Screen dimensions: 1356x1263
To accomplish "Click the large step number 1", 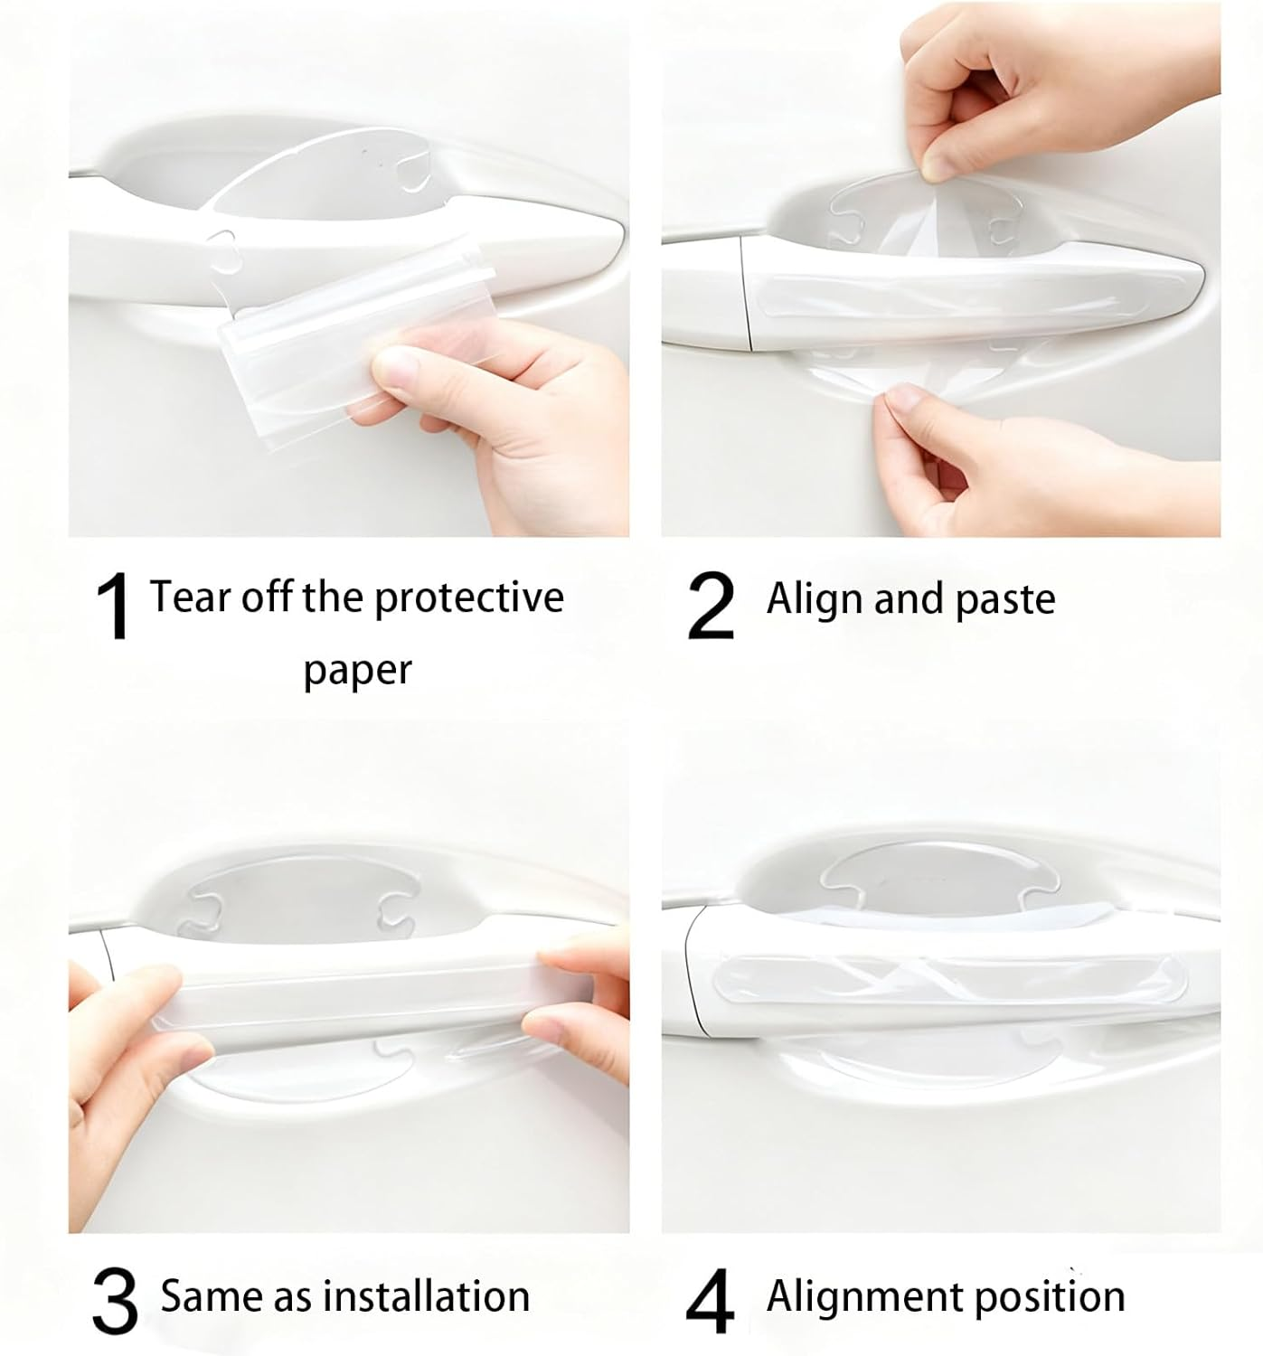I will coord(115,607).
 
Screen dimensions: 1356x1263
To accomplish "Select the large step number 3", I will coord(115,1303).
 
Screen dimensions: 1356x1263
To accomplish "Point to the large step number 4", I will coord(711,1303).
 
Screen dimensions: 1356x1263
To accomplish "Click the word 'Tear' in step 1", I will coord(185,597).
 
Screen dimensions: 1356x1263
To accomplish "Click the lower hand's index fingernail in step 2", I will coord(904,395).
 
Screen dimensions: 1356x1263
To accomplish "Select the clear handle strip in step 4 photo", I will coord(949,979).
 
